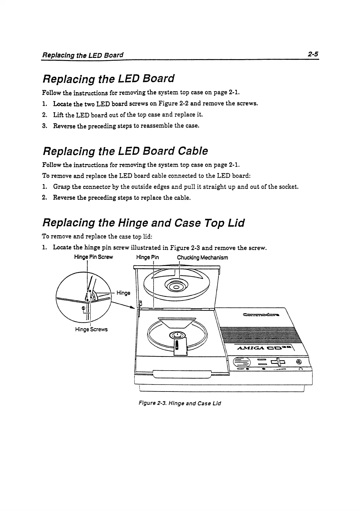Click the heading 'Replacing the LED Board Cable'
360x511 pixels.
125,151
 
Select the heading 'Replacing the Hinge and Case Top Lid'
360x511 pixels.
143,223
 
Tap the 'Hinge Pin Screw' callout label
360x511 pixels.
93,257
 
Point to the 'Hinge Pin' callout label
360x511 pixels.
147,257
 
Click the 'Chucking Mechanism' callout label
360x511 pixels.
202,257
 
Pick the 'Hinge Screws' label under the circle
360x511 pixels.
91,329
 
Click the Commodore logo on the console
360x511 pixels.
261,315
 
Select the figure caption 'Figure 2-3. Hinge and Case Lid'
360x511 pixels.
180,403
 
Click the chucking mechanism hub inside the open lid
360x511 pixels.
176,287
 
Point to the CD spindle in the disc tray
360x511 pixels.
177,335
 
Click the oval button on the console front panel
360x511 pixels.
242,362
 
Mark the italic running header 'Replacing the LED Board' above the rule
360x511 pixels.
83,55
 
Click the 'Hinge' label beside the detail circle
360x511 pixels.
123,293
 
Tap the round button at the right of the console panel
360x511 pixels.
299,361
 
